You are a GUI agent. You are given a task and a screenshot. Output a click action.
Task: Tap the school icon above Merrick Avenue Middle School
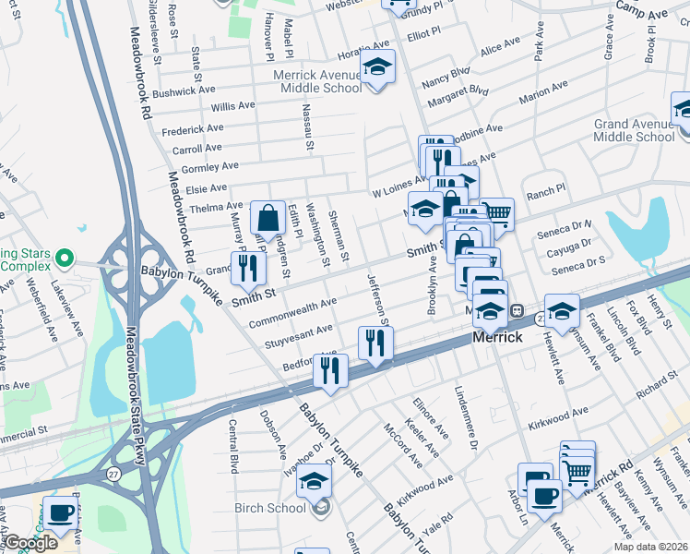377,66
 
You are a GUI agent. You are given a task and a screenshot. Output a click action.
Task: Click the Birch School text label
273,508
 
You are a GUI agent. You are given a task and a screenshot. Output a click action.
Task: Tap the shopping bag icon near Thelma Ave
268,219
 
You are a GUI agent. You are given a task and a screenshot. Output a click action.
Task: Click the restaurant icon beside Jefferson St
375,342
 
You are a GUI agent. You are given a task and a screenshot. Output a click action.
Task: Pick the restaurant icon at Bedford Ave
330,370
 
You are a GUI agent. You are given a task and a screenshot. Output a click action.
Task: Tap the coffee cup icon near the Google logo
62,512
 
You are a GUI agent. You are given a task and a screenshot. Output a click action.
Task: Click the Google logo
30,543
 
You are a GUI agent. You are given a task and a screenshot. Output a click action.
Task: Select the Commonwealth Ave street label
292,311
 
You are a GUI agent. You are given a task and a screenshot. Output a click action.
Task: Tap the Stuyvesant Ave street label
299,331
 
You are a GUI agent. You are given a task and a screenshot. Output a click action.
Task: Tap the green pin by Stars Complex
64,256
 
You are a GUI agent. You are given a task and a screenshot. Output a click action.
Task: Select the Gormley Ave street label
210,167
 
